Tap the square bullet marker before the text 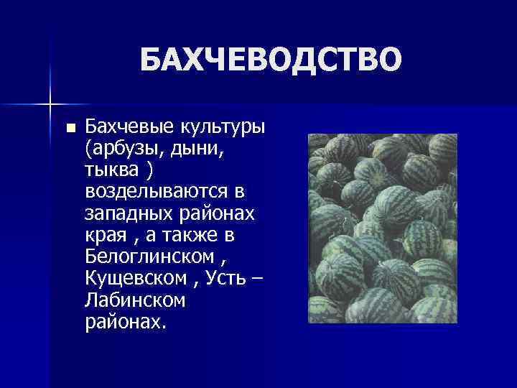click(x=70, y=129)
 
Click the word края click(x=104, y=236)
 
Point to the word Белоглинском click(x=149, y=257)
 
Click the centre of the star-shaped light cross click(x=50, y=105)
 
